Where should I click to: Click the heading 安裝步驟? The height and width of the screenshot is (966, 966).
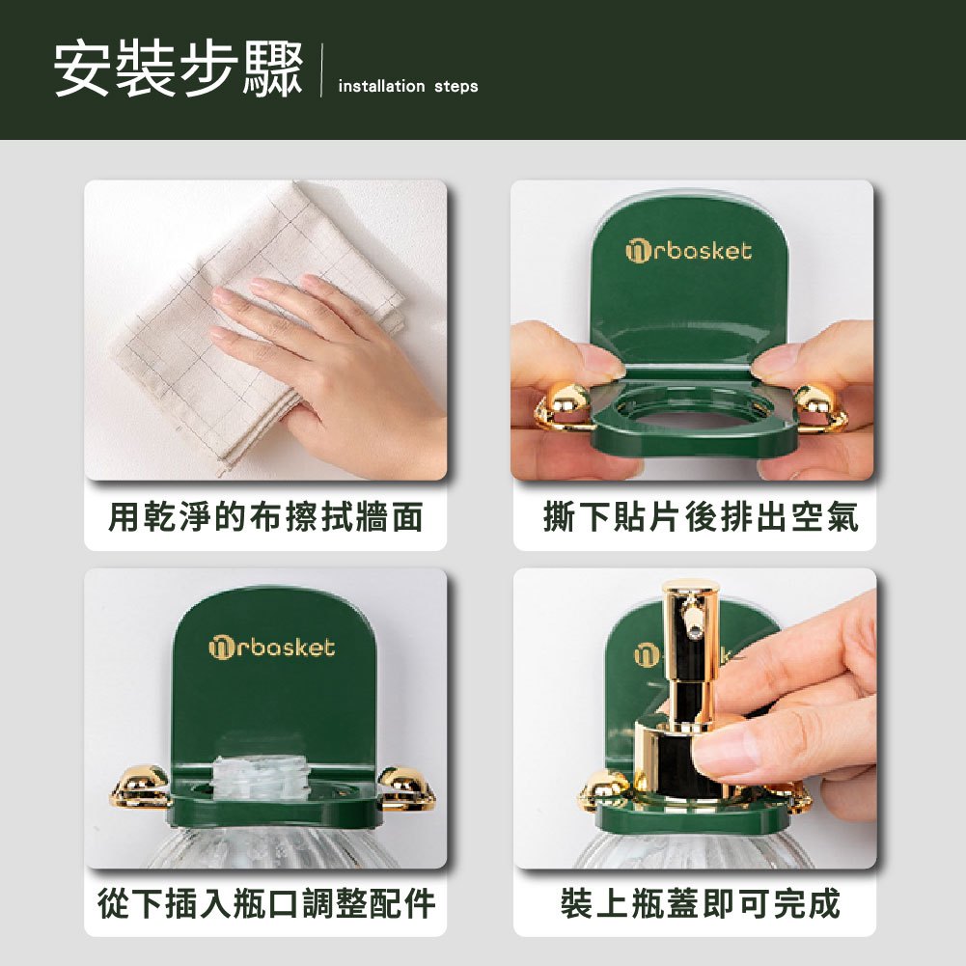pos(178,69)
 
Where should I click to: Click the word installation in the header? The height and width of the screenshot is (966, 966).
pos(381,86)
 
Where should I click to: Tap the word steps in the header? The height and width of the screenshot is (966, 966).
pos(455,86)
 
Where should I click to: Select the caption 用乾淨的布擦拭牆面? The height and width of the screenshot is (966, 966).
pos(265,516)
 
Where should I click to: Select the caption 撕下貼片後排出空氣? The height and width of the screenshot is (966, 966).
pos(701,516)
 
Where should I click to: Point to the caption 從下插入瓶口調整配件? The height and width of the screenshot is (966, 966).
pos(266,903)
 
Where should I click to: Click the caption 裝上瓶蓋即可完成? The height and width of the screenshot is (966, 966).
pos(701,903)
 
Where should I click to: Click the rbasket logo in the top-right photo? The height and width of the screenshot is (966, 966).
pos(689,251)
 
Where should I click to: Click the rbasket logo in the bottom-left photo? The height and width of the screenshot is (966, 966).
pos(272,648)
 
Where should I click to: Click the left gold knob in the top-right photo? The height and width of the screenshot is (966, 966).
pos(562,407)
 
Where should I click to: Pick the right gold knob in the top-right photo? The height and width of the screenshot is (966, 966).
pos(820,407)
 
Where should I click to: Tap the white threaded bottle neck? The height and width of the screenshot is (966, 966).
pos(258,779)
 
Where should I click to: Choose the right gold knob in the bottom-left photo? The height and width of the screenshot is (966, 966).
pos(406,787)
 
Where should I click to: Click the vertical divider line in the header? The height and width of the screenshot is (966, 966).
pos(321,70)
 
